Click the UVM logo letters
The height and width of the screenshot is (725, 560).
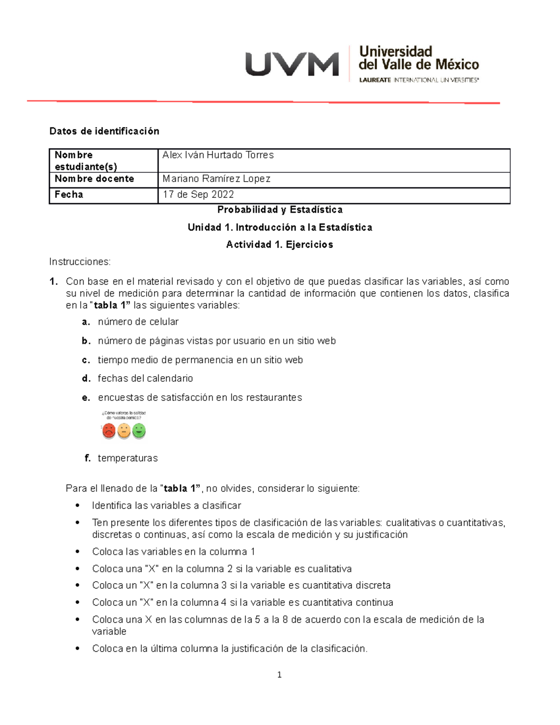pos(292,64)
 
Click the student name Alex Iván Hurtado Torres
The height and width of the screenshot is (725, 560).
pos(217,155)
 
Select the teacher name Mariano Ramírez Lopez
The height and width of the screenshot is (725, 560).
pos(216,179)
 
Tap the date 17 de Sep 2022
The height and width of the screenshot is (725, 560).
pos(198,195)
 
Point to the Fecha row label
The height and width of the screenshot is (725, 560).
pos(69,195)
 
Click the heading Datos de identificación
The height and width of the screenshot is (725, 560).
pos(104,131)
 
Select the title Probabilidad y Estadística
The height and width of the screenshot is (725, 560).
pos(280,210)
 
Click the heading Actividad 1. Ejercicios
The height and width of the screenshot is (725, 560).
pos(280,245)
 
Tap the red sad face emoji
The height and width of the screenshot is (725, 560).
pos(109,430)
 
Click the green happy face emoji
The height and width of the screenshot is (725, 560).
pos(139,430)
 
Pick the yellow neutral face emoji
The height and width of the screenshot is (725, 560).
pos(124,430)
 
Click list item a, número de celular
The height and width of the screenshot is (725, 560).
pos(138,322)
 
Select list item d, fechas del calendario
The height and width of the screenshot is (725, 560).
pos(145,378)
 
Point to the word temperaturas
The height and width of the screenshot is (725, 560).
pos(127,458)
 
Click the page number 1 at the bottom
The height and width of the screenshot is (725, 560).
pos(279,675)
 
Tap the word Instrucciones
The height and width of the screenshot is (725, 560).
pos(80,262)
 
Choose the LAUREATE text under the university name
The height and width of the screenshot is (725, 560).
pos(375,80)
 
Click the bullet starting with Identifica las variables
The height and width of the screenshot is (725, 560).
pos(166,506)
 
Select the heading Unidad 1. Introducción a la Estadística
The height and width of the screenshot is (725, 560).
pos(280,227)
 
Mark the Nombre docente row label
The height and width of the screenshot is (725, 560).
pos(94,179)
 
